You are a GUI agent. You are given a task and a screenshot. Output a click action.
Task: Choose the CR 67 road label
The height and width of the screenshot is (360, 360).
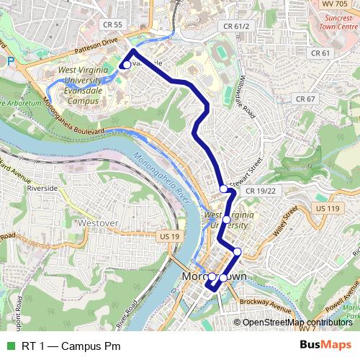[306, 99]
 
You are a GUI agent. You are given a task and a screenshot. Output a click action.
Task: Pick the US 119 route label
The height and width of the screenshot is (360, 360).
[327, 208]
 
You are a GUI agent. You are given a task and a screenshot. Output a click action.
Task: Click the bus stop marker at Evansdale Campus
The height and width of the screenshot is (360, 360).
[126, 65]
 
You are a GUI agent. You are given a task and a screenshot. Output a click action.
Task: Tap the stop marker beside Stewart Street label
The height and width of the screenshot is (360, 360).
[224, 189]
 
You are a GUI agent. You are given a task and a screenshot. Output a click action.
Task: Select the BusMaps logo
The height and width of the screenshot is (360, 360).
[326, 345]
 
